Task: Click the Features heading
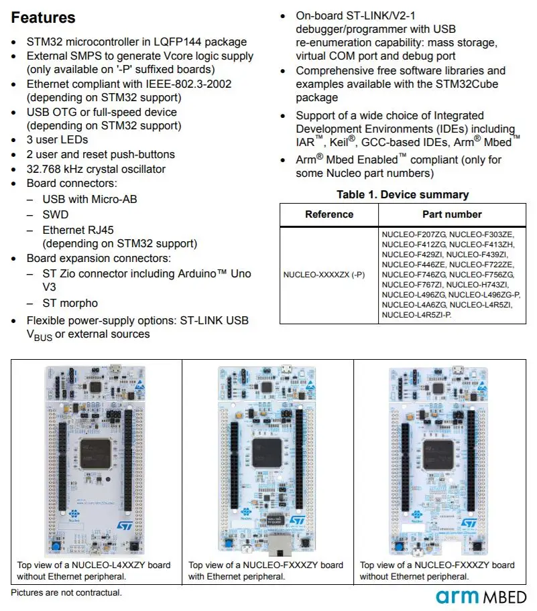pos(44,18)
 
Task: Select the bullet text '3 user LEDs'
pos(57,140)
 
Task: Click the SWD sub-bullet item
pos(55,214)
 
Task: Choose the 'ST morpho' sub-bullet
pos(70,303)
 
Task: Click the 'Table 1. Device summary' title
pos(402,195)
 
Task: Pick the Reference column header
pos(329,214)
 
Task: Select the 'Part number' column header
pos(452,214)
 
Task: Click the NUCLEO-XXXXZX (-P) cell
pos(324,275)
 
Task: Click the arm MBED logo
pos(481,596)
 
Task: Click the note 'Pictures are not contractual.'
pos(66,593)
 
